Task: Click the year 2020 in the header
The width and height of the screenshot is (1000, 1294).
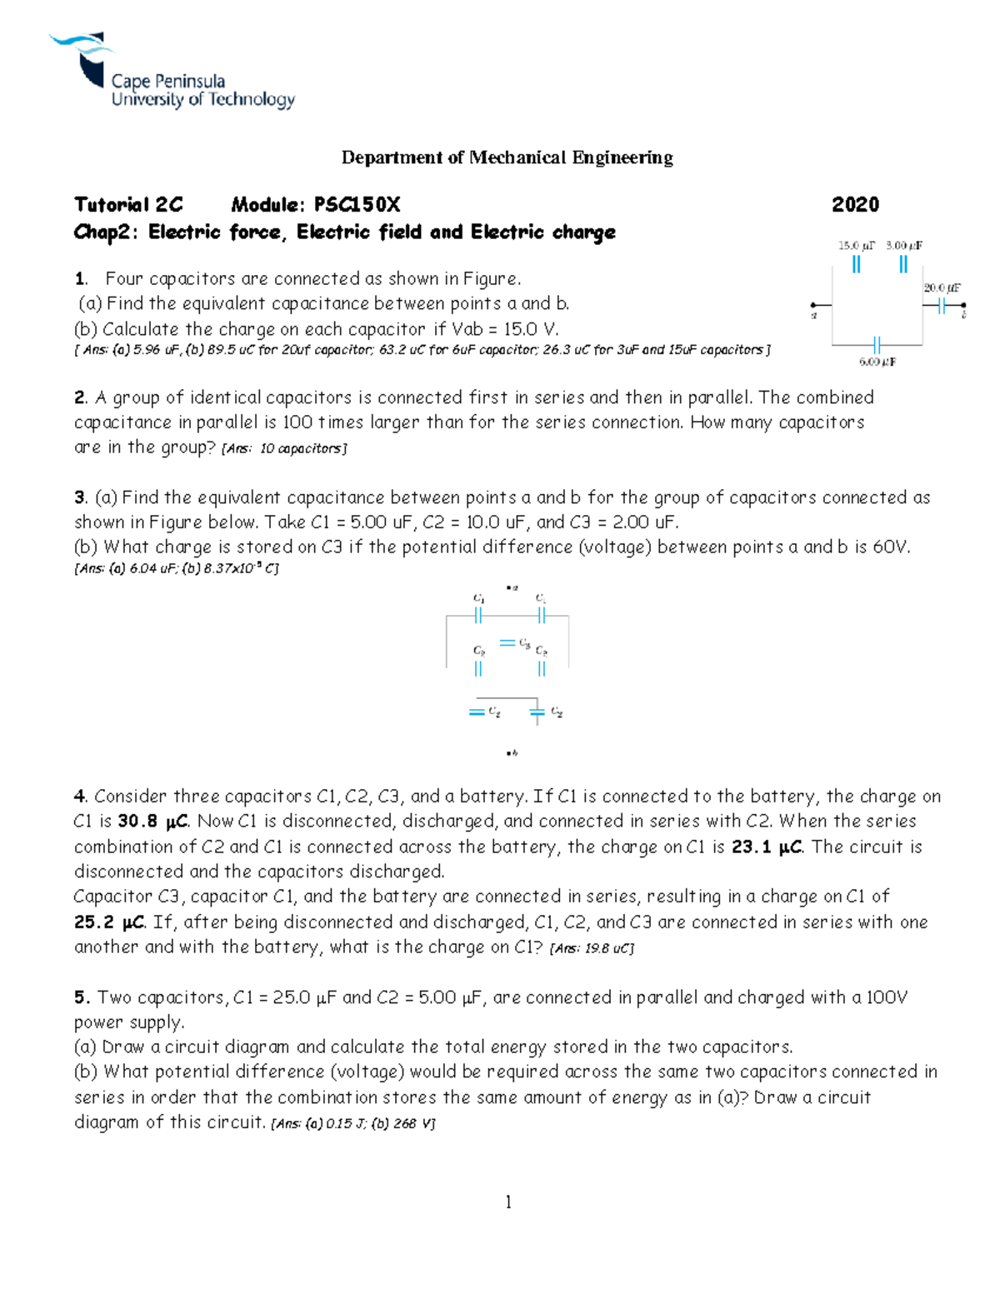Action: click(x=855, y=205)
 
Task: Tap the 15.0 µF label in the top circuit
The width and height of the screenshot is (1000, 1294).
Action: click(x=856, y=246)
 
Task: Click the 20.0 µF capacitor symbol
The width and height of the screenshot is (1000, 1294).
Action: click(x=942, y=307)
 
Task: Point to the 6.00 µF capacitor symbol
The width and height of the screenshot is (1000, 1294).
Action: click(x=877, y=344)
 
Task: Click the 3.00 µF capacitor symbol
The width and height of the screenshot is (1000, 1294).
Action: click(x=903, y=265)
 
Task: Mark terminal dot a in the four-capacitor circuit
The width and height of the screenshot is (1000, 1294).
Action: click(x=813, y=306)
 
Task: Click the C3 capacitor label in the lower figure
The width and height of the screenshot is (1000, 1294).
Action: click(x=524, y=643)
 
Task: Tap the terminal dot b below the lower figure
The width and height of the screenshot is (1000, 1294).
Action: click(x=508, y=753)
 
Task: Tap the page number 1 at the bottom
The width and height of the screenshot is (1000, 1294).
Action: click(x=508, y=1202)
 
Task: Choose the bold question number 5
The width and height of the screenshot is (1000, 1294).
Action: click(x=80, y=997)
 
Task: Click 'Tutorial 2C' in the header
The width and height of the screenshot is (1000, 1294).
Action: click(x=128, y=205)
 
